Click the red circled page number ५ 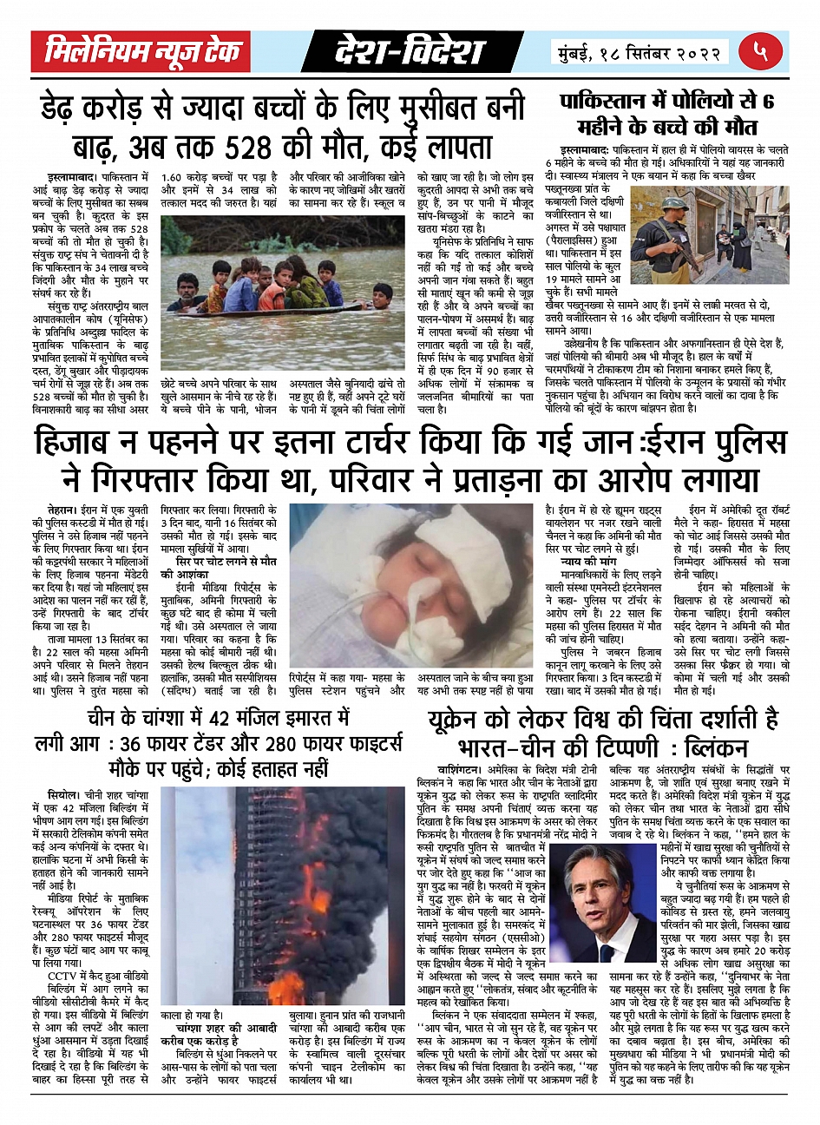coord(760,51)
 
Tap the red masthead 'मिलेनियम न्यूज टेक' coord(141,53)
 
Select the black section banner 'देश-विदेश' coord(410,53)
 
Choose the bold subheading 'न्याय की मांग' coord(589,561)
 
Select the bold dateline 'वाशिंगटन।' coord(466,769)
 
